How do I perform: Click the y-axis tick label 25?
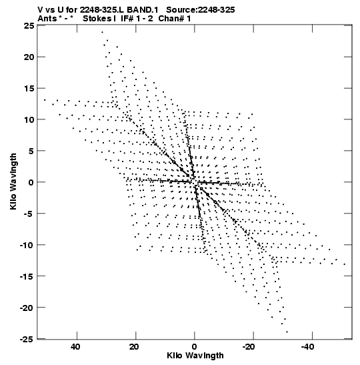tap(29, 26)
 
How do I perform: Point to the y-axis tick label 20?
tap(29, 57)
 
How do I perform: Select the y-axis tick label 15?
tap(29, 89)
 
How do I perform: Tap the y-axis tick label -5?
tap(29, 214)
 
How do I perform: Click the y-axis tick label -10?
tap(27, 245)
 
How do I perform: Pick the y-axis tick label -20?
tap(27, 308)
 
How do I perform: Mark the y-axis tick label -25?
tap(27, 339)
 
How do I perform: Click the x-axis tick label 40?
tap(76, 347)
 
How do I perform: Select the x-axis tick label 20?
tap(135, 347)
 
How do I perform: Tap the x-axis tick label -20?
tap(249, 347)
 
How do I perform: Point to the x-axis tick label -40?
tap(308, 347)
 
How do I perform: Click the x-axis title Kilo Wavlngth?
tap(195, 356)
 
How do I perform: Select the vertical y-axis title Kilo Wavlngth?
tap(13, 181)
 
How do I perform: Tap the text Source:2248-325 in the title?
tap(201, 10)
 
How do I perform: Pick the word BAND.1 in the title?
tap(143, 10)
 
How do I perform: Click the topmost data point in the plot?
tap(102, 32)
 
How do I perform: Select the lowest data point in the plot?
tap(287, 332)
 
